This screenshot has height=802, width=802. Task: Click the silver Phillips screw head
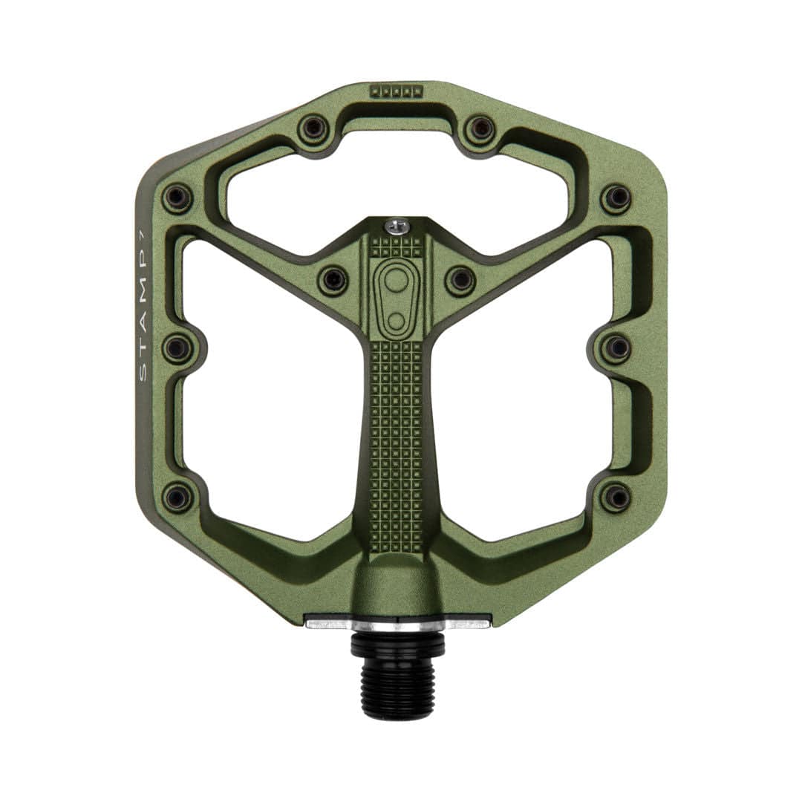(x=397, y=226)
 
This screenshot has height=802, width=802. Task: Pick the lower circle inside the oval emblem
(x=396, y=322)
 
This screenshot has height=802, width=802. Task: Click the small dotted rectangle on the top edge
(x=396, y=91)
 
